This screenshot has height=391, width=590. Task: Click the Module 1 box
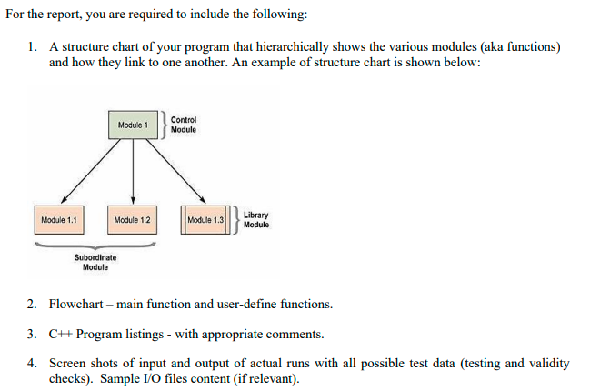[x=133, y=124]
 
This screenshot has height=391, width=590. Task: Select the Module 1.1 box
[x=59, y=220]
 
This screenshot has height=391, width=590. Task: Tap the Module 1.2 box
[x=133, y=220]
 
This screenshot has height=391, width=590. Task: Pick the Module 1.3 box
[x=205, y=220]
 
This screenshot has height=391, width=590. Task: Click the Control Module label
[x=183, y=125]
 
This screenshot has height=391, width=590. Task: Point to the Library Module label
[x=256, y=220]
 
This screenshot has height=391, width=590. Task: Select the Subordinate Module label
[x=95, y=263]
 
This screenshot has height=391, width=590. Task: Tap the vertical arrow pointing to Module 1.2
[x=133, y=173]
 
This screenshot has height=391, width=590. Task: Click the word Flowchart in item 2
[x=76, y=304]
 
